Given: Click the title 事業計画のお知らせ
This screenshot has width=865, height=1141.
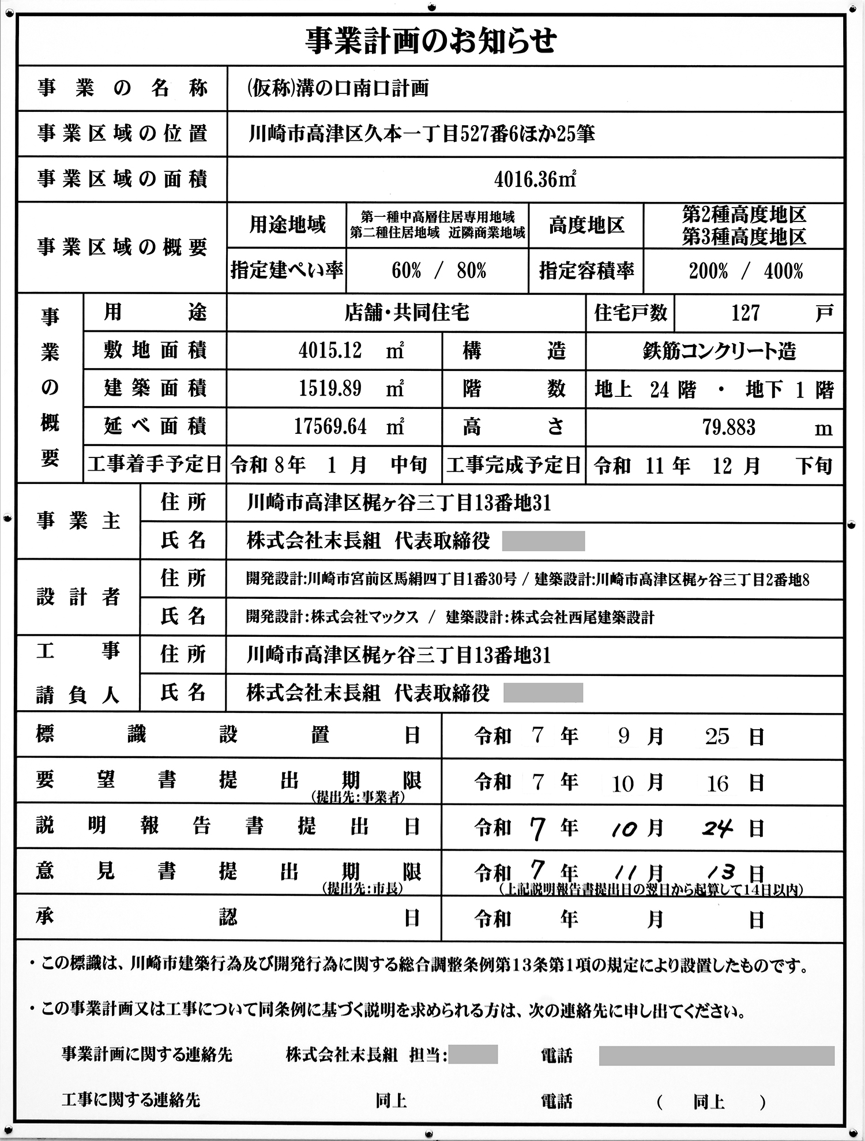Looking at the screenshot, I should pos(431,41).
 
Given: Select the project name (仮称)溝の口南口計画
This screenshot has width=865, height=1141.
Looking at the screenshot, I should pos(337,88).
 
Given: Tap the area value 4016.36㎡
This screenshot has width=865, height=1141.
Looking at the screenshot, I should pos(535,179).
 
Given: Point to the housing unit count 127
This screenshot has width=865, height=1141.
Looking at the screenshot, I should pos(745,313).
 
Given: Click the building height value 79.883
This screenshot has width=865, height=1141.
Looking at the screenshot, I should pos(729,427).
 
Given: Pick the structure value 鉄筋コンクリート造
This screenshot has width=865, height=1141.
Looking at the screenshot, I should pos(719,351).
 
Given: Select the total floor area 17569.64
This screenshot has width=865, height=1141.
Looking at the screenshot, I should pos(330,427).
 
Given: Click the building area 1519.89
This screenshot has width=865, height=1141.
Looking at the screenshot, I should pos(330,389).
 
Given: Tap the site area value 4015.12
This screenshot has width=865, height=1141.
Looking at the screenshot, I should pos(330,350).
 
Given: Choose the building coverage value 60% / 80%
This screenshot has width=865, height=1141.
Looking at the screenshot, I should pos(439,271).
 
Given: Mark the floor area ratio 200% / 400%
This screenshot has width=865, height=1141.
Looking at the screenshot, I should pos(746,271).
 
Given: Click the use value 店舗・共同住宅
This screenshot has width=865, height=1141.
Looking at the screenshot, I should pos(407,313).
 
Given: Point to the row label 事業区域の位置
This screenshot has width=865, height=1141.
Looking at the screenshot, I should pos(122,134).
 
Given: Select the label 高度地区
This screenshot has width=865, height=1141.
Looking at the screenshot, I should pos(586,225).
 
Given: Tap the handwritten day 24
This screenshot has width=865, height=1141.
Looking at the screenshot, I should pos(717,828).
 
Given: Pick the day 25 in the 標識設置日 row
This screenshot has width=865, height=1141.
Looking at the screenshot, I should pos(717,737).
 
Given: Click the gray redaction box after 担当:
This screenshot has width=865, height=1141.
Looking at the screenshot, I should pos(473,1054).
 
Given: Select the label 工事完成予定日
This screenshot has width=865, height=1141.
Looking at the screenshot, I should pos(513,464).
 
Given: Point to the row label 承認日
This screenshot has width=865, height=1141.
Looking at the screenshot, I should pos(228,917).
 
